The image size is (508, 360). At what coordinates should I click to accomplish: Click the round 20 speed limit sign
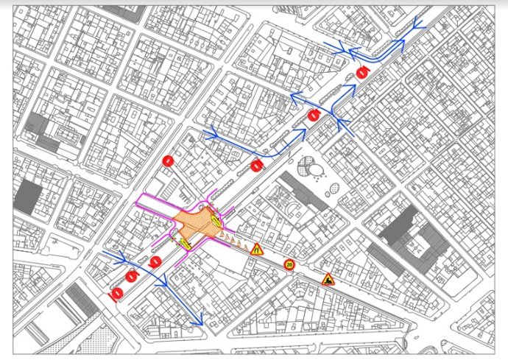(289, 264)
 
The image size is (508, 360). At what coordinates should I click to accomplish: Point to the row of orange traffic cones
(233, 240)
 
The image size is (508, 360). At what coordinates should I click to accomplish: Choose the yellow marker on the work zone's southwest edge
(183, 241)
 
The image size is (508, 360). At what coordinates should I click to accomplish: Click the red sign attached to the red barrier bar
(116, 293)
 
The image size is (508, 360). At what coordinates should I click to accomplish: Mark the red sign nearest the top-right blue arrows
(361, 72)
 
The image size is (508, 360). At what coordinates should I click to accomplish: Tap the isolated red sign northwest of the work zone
(168, 160)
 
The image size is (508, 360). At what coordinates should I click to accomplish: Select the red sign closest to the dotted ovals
(256, 166)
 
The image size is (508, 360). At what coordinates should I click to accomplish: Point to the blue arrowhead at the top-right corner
(419, 25)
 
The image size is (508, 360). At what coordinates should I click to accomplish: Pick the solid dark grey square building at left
(28, 197)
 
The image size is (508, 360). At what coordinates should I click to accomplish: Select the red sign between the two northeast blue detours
(314, 115)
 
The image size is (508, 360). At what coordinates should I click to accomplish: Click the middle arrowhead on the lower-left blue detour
(163, 279)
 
